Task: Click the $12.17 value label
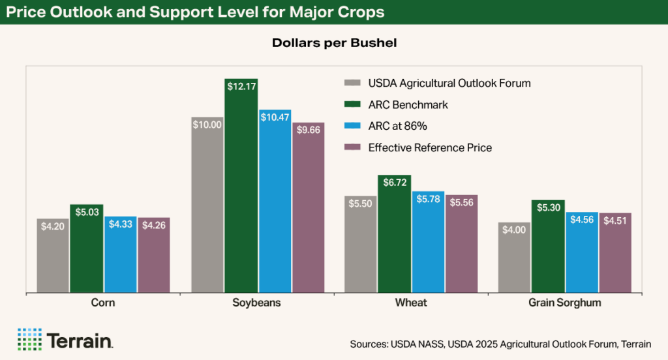(241, 85)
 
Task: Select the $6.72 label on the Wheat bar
(394, 183)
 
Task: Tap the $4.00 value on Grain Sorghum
(515, 229)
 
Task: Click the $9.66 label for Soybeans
(309, 130)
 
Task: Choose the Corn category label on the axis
(103, 303)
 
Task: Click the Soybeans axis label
(257, 303)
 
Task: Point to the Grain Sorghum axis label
(564, 303)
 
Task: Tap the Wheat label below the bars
(411, 303)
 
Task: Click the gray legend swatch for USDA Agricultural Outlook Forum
(352, 83)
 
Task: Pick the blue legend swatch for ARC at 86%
(352, 126)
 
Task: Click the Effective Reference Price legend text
(430, 147)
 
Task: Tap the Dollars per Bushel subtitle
(334, 43)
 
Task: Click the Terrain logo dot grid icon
(29, 339)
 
